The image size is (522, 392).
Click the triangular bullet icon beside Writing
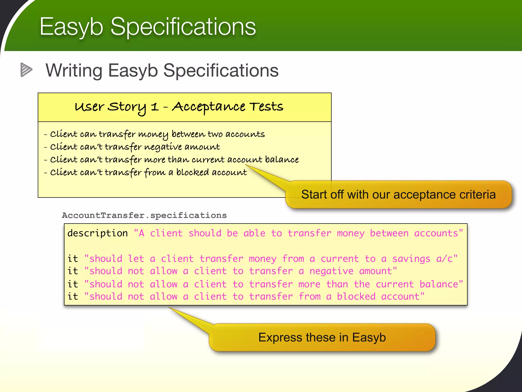[26, 70]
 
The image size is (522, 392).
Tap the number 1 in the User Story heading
[154, 107]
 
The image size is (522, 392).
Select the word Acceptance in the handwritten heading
[208, 107]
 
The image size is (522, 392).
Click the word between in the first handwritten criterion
[188, 134]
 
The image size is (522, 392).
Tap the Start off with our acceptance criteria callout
[398, 194]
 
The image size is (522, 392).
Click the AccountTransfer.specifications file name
[144, 215]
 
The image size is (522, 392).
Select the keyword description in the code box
[97, 233]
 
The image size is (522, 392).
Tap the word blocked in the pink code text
[356, 297]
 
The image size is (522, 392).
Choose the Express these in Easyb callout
[322, 337]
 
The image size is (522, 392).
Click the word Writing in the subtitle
[74, 70]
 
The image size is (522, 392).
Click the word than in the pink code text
[337, 284]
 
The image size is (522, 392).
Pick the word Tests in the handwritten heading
[266, 107]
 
